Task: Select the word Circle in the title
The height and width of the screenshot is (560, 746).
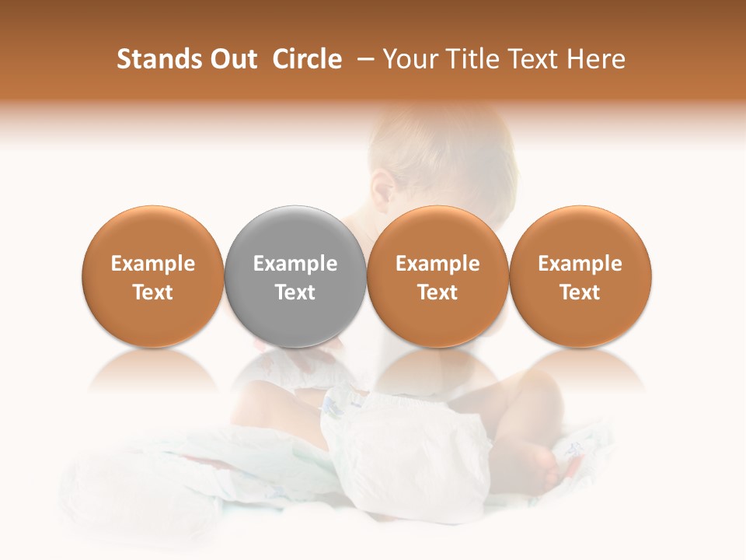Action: [x=307, y=59]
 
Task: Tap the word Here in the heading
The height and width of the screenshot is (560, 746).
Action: [x=596, y=59]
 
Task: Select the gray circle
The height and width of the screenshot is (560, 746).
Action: [x=295, y=233]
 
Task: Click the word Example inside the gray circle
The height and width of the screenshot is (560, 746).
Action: [x=295, y=264]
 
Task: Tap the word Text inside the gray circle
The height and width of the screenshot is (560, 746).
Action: [x=295, y=292]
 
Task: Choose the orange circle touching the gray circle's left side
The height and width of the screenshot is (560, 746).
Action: [x=153, y=233]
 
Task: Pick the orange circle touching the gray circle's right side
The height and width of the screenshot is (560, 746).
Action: [x=437, y=233]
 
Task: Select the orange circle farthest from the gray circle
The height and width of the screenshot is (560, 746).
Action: [x=580, y=233]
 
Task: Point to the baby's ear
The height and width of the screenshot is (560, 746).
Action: [x=382, y=188]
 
